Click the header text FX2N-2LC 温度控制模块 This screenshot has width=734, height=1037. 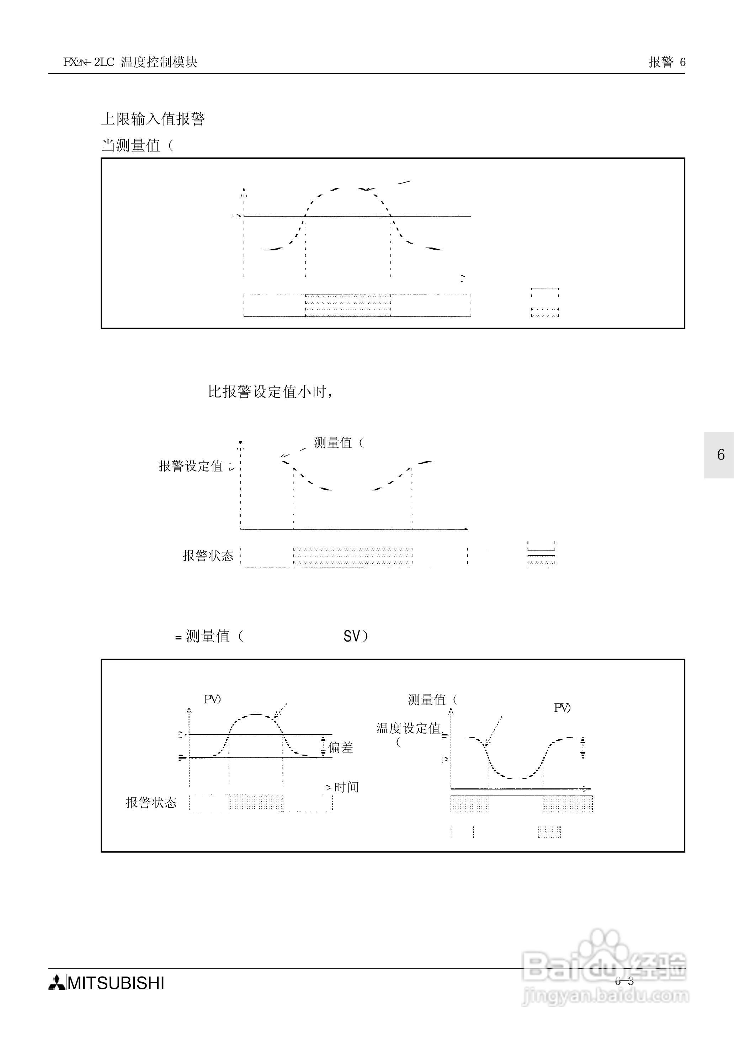[130, 62]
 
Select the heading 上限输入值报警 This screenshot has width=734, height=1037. [153, 119]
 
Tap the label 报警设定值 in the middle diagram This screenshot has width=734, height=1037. [191, 466]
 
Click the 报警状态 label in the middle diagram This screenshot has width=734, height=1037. [208, 555]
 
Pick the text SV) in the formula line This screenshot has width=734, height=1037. [356, 637]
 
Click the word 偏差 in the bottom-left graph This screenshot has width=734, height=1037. [340, 748]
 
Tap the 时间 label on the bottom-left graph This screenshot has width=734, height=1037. [346, 787]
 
